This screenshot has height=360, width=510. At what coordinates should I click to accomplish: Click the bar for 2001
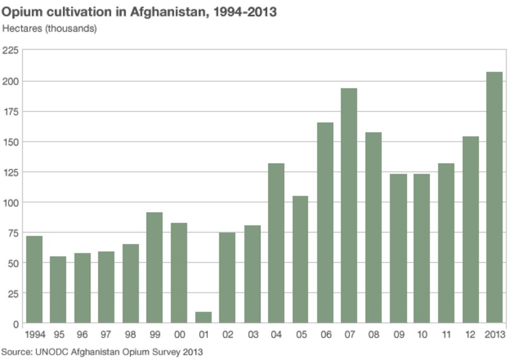203,317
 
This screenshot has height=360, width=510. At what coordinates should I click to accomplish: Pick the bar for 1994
34,279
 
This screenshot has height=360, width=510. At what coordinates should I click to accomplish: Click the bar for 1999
155,268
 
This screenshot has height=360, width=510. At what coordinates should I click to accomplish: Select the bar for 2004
276,243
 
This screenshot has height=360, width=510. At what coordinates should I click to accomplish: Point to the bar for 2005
300,259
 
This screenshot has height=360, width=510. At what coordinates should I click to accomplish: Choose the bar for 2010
421,248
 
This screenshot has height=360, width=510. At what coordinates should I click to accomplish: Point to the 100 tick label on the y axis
10,203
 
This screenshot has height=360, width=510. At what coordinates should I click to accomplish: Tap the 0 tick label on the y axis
15,324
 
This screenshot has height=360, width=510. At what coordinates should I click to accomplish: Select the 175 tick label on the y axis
10,111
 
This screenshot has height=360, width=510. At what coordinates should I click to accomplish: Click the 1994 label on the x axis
34,335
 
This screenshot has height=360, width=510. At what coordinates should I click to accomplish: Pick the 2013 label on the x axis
494,335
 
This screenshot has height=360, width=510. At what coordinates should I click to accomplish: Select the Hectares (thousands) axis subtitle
50,29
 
